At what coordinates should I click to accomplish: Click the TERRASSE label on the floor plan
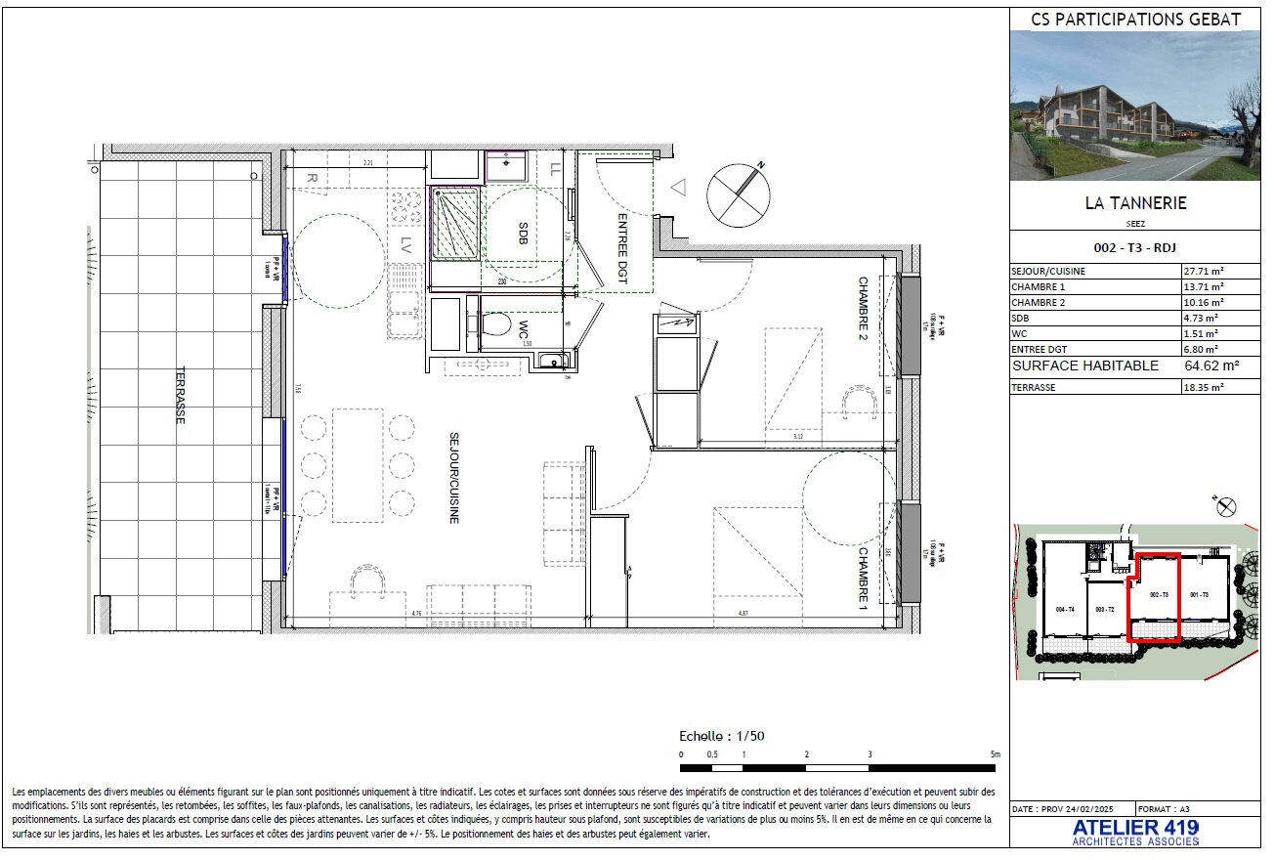coord(180,395)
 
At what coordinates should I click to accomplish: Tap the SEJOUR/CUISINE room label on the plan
coord(454,478)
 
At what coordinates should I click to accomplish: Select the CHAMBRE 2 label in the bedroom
coord(864,308)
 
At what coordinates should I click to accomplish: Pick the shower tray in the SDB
coord(455,225)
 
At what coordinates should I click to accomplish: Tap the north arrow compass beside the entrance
coord(737,193)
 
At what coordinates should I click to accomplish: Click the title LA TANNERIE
coord(1135,203)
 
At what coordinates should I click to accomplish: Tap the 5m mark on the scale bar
coord(994,754)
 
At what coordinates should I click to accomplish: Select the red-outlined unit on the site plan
coord(1155,598)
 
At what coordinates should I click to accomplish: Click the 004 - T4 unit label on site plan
coord(1066,609)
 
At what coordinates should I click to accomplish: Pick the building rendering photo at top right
coord(1135,106)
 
